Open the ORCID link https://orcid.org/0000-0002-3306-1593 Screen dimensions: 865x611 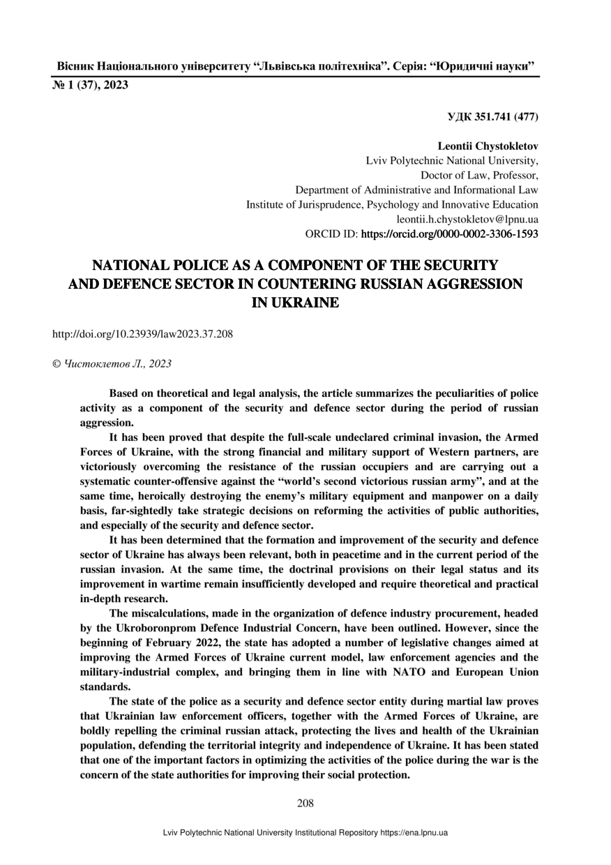click(449, 234)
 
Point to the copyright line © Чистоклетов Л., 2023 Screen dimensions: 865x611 click(112, 363)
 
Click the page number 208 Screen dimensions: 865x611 click(305, 803)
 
